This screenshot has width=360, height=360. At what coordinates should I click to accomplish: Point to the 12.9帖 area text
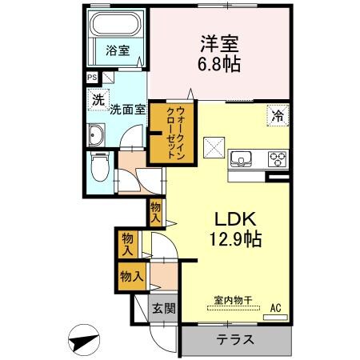pyautogui.click(x=232, y=238)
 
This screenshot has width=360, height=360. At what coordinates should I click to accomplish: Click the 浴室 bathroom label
pyautogui.click(x=117, y=51)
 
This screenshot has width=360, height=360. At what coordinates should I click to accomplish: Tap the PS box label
pyautogui.click(x=91, y=78)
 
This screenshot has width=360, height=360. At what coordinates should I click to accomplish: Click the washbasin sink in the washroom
pyautogui.click(x=96, y=135)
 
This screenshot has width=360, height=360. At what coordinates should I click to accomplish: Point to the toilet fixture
pyautogui.click(x=100, y=168)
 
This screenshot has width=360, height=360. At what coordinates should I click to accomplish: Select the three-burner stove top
pyautogui.click(x=276, y=158)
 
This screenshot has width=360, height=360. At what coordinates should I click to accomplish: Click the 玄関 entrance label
pyautogui.click(x=165, y=308)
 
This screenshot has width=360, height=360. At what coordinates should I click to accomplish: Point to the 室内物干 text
pyautogui.click(x=233, y=301)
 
